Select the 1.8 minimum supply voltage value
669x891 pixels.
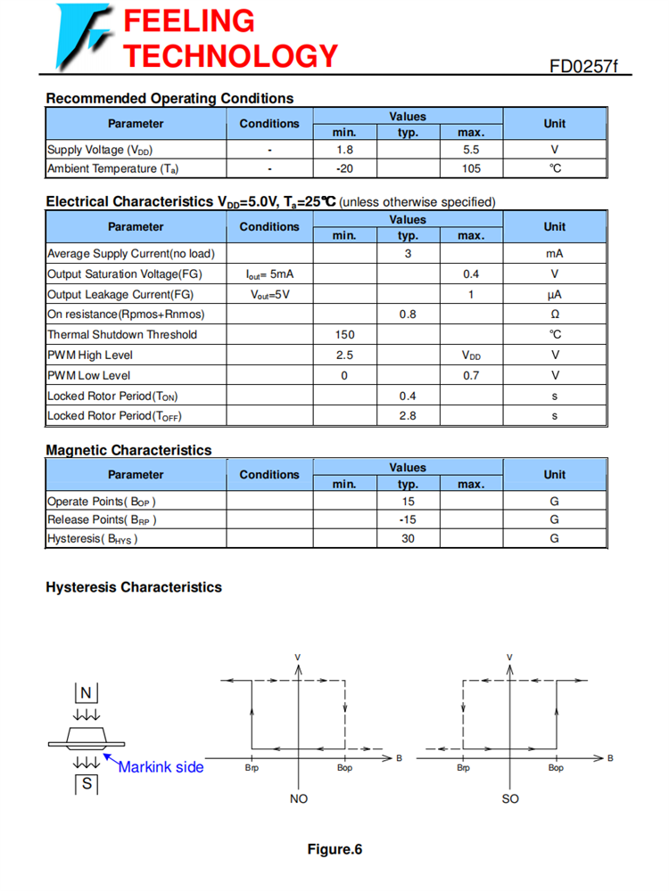pyautogui.click(x=344, y=150)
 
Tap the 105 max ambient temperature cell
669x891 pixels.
pyautogui.click(x=471, y=168)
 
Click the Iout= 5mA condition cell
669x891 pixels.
pyautogui.click(x=269, y=274)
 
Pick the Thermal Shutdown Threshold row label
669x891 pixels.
pyautogui.click(x=122, y=335)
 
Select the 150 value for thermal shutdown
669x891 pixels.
pyautogui.click(x=344, y=335)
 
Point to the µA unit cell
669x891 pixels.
pyautogui.click(x=554, y=295)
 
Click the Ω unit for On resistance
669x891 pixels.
pyautogui.click(x=554, y=315)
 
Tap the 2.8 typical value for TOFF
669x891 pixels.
pyautogui.click(x=408, y=416)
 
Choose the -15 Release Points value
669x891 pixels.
pyautogui.click(x=408, y=519)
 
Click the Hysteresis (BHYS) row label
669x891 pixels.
pyautogui.click(x=93, y=538)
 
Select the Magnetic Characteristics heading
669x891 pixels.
pyautogui.click(x=128, y=450)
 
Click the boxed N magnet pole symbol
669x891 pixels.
pyautogui.click(x=86, y=693)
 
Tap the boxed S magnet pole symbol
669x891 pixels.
pyautogui.click(x=86, y=784)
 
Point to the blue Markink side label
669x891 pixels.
pyautogui.click(x=161, y=767)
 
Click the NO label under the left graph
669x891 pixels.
pyautogui.click(x=299, y=799)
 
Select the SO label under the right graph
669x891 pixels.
pyautogui.click(x=510, y=799)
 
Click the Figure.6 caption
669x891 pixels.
pyautogui.click(x=334, y=849)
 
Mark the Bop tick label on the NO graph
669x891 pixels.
pyautogui.click(x=344, y=768)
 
